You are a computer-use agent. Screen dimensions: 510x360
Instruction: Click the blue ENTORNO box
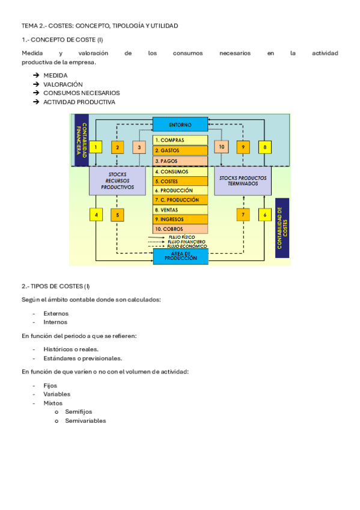(180, 124)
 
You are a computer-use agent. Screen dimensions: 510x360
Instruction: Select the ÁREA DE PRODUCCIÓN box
(180, 256)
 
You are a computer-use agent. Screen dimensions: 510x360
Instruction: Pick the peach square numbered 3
(138, 147)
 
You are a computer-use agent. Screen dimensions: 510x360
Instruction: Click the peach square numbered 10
(221, 147)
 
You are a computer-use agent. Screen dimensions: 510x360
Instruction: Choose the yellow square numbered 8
(264, 147)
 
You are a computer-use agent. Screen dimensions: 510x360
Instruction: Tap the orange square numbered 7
(243, 214)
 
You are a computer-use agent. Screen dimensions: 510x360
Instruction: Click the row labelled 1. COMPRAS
(180, 141)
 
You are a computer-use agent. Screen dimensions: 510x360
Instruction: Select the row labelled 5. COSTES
(180, 181)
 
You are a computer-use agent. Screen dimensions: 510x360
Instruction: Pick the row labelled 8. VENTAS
(180, 209)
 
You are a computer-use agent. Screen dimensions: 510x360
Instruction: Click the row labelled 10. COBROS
(180, 229)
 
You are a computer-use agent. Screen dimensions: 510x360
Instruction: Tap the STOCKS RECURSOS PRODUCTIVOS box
(117, 180)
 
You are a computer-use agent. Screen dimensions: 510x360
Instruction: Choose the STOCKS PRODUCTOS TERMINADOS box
(243, 180)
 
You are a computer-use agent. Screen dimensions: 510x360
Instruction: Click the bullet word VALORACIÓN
(63, 84)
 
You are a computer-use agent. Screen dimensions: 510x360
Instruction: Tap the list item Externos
(56, 313)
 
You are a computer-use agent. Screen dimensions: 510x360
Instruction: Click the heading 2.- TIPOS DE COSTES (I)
(56, 286)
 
